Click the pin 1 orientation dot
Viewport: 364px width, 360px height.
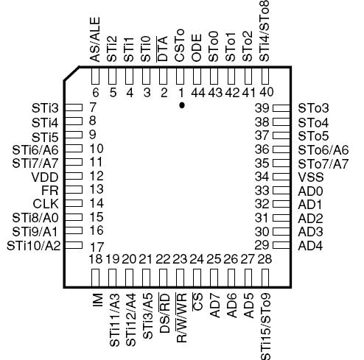pos(181,106)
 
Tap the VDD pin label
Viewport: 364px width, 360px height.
pos(40,177)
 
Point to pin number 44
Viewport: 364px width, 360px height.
pos(197,92)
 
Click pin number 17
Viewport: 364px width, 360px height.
pos(95,246)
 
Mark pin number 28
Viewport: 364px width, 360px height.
pos(265,259)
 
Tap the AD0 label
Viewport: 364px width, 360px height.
pos(310,190)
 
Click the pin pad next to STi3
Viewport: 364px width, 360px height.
pos(73,107)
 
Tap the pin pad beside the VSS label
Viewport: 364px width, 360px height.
pos(281,177)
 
